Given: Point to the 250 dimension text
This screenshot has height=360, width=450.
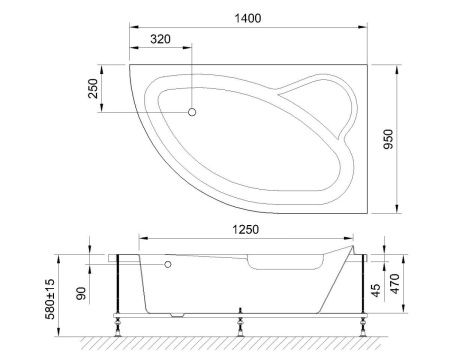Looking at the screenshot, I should pos(93,89).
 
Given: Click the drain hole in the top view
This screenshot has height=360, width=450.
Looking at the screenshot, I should pos(194,111).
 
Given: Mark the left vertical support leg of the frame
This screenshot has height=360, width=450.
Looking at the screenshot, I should pos(120,285).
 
